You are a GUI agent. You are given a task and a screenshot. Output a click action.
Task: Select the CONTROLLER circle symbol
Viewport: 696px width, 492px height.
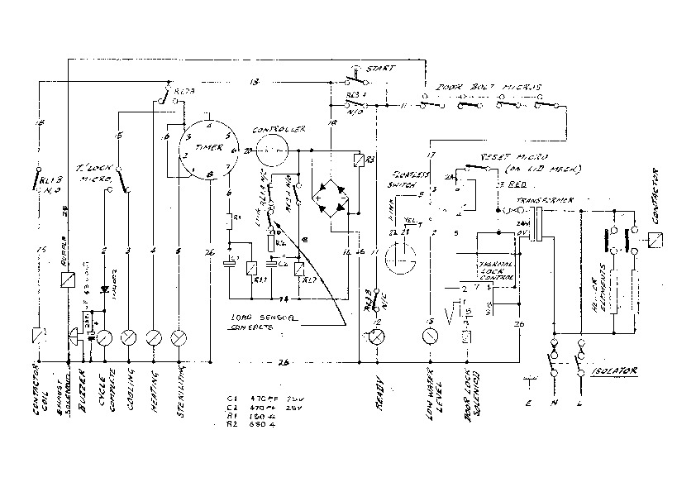pos(271,151)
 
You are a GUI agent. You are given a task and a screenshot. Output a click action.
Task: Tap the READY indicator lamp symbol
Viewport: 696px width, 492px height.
pos(376,337)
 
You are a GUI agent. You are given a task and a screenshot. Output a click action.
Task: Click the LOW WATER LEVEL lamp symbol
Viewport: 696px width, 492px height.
pos(429,337)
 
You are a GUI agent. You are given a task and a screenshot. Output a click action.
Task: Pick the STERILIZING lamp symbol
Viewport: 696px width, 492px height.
pos(179,337)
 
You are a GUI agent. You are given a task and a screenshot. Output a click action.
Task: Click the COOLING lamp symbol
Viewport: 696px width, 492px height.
pos(129,337)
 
